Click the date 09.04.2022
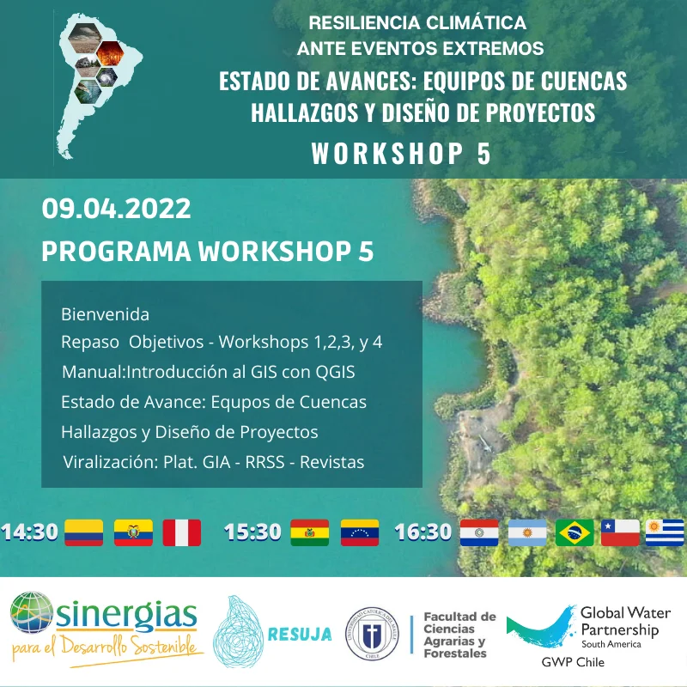pos(116,209)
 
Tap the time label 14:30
pos(29,532)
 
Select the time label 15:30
pos(252,532)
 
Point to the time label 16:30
pos(423,532)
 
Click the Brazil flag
pos(575,532)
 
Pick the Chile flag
pos(620,532)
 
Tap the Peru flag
pos(181,532)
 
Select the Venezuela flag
pos(360,532)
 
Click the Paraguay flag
pos(479,532)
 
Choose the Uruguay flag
pos(666,532)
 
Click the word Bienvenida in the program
pos(105,314)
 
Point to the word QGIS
pos(331,372)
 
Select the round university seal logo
pos(371,635)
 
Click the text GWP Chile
pos(572,662)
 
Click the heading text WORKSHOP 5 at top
pos(401,154)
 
